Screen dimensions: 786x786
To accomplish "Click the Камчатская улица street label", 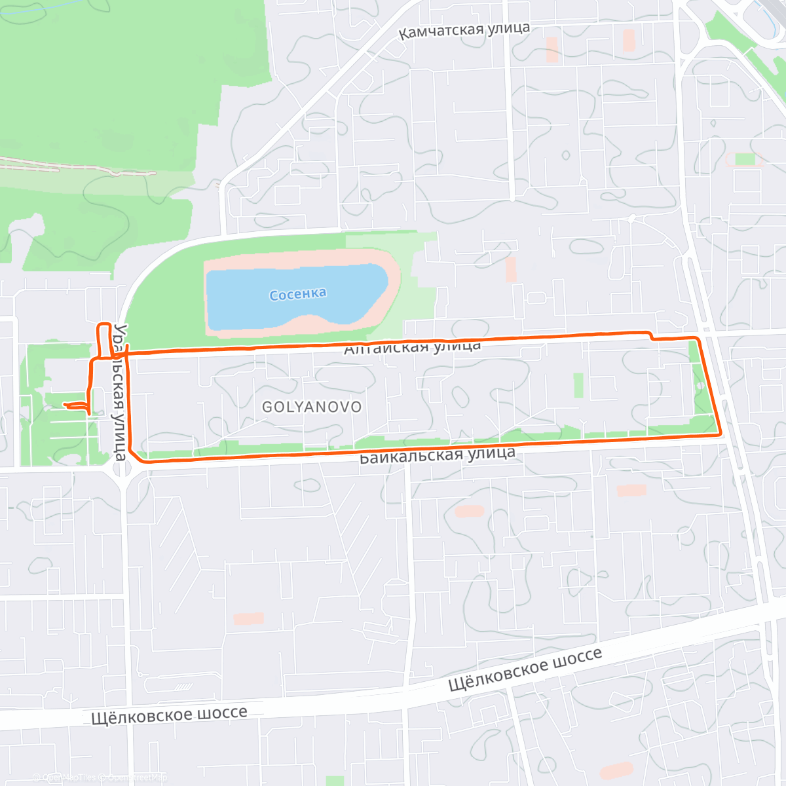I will [464, 30].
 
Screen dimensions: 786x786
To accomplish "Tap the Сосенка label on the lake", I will [298, 294].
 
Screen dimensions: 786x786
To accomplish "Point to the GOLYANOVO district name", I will [312, 407].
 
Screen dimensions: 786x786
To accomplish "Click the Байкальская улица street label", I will [438, 455].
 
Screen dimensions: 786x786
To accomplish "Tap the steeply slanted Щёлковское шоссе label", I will [525, 669].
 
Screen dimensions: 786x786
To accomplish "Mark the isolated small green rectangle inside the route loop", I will [578, 385].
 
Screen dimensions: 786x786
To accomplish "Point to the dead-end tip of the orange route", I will [65, 406].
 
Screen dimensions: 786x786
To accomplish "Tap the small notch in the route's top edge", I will [651, 336].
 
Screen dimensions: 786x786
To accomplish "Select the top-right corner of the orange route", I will [698, 339].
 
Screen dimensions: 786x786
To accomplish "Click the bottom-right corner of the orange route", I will [720, 433].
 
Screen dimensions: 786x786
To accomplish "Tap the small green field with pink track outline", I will [745, 159].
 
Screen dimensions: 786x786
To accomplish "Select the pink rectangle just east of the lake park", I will [511, 269].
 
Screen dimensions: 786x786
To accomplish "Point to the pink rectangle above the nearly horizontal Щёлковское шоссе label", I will [249, 618].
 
